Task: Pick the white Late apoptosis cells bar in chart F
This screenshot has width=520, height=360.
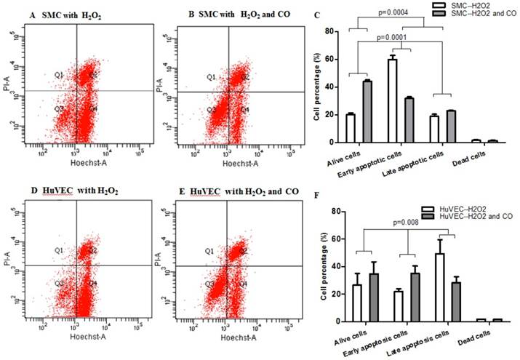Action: pos(439,287)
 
